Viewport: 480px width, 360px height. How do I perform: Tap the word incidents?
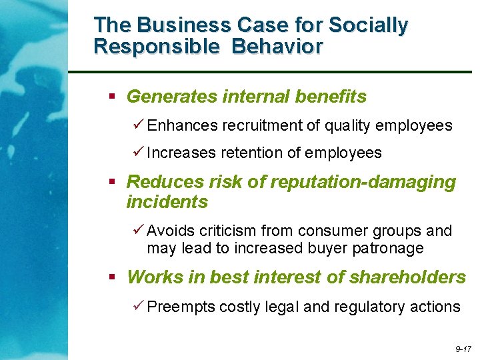point(167,201)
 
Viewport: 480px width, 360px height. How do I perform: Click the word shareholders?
point(409,277)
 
